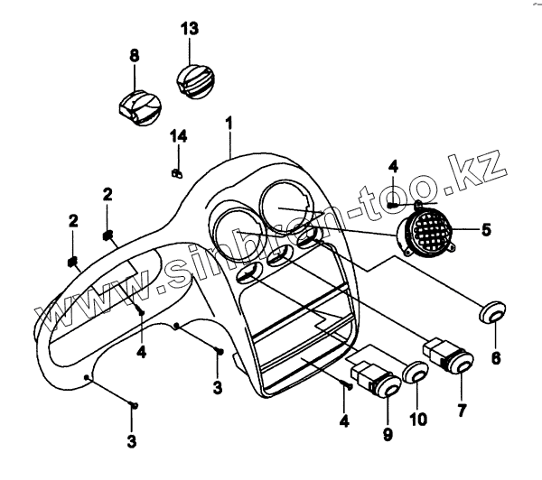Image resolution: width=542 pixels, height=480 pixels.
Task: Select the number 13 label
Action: point(189,29)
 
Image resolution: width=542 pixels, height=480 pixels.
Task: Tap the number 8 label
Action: point(134,56)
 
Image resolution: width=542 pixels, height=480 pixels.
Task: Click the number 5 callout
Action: point(485,229)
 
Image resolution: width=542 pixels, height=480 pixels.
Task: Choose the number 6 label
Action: point(495,357)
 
